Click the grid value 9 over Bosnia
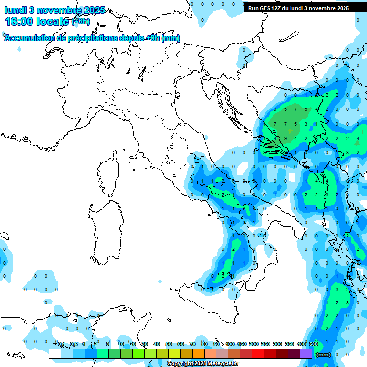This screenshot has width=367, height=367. coord(286,139)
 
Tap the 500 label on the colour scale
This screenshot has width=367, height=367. coord(313,344)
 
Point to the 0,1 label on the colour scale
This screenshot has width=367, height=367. coord(62,344)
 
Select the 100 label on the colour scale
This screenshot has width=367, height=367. coord(230,344)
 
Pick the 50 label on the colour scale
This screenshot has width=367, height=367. coord(169,344)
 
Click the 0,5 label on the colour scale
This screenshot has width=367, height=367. coord(74,344)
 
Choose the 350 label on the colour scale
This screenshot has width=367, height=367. coord(290,344)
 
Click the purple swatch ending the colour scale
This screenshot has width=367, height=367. coord(306,354)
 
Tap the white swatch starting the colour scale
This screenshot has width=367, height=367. coord(55,354)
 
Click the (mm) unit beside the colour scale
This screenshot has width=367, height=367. coord(324,355)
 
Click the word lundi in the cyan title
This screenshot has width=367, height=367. coord(15,10)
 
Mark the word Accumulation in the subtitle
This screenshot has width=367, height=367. coord(28,38)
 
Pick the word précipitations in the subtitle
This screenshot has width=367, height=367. coord(91,38)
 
